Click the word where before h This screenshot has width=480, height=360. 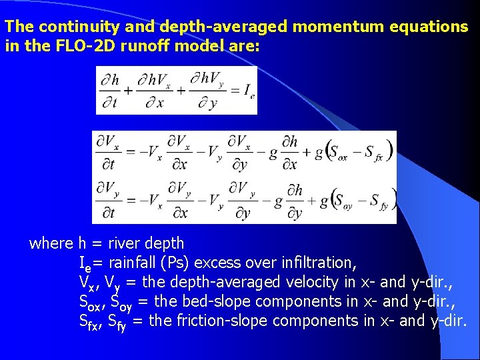tap(52, 243)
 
